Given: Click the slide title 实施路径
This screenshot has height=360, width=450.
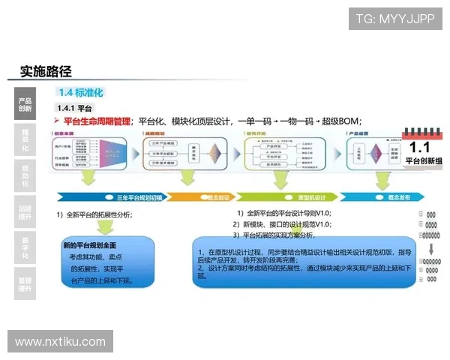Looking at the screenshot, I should click(46, 71).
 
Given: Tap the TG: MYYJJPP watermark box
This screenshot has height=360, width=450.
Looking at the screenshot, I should click(395, 18).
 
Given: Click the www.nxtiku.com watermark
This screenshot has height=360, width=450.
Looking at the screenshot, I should click(60, 342).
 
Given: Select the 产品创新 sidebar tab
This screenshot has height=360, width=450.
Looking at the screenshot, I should click(25, 103).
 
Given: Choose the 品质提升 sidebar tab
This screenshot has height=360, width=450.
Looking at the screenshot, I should click(25, 213).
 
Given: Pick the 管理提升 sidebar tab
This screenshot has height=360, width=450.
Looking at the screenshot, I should click(25, 283).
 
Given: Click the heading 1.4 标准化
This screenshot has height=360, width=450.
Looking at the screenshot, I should click(80, 92).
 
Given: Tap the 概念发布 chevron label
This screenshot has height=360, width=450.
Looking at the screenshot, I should click(397, 197).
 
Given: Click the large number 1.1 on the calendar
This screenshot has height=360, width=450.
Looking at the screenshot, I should click(420, 147).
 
